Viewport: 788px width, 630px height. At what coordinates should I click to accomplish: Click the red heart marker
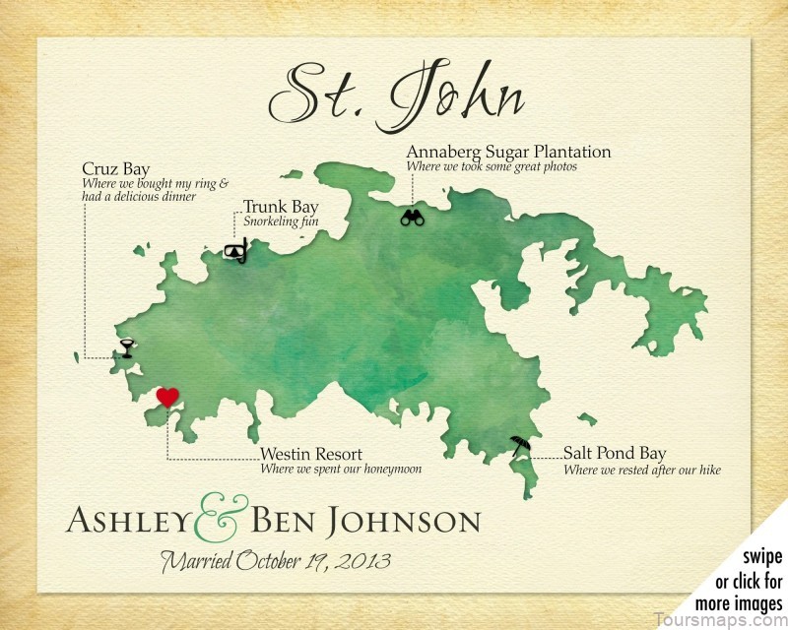[x=168, y=397]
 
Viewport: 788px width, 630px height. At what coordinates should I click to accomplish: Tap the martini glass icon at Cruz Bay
[x=127, y=346]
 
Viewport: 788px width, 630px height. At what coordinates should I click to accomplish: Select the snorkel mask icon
[x=235, y=252]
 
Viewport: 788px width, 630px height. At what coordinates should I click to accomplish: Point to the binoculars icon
[x=412, y=219]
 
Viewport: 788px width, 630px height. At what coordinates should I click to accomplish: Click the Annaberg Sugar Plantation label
[x=508, y=152]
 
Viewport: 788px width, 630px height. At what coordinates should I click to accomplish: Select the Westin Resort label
[x=311, y=454]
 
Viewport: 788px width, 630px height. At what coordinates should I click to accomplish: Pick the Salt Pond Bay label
[x=615, y=454]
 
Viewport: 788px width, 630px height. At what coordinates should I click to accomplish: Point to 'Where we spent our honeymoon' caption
[x=341, y=470]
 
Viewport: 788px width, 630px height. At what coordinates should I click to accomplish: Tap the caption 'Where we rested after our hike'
[x=641, y=470]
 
